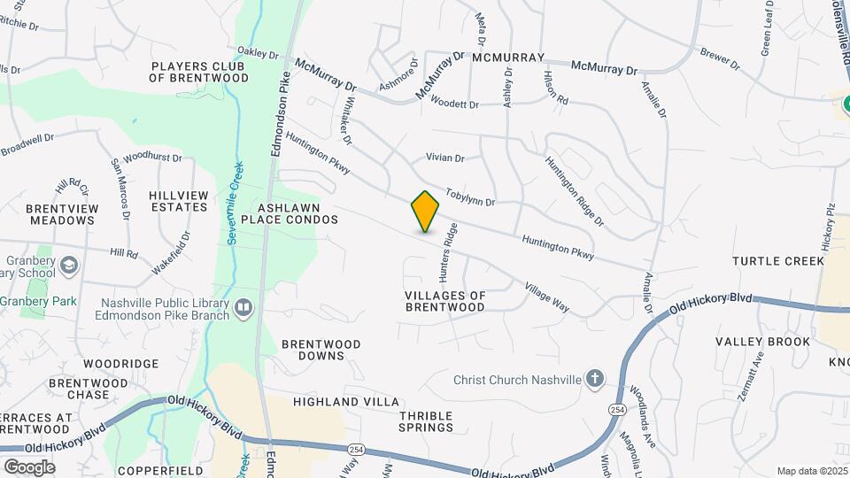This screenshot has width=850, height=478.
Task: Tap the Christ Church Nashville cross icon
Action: click(595, 380)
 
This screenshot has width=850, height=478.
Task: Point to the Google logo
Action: click(29, 467)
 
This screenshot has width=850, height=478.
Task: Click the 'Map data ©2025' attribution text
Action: click(810, 471)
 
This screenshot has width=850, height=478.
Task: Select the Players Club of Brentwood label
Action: click(199, 72)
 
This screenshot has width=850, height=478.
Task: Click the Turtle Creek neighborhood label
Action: click(778, 261)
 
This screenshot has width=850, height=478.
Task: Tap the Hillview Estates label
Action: click(179, 201)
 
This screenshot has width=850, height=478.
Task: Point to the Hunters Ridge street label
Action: click(449, 247)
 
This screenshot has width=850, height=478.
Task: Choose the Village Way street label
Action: click(546, 297)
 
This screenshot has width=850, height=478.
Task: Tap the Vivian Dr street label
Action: click(445, 158)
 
